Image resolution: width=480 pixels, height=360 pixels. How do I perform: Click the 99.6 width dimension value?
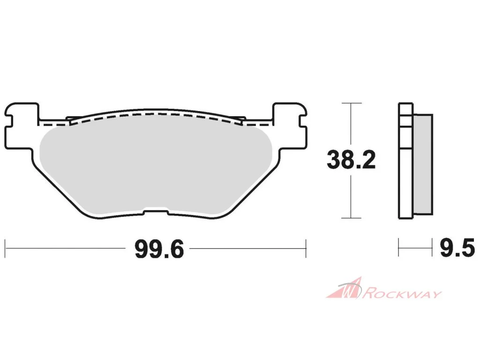(159, 249)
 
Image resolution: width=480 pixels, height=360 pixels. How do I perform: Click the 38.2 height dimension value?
(351, 160)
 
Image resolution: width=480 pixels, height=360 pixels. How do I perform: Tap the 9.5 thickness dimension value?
(457, 248)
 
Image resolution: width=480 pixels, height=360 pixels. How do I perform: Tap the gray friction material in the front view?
(155, 165)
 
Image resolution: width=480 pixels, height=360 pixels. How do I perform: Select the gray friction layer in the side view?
(423, 164)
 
